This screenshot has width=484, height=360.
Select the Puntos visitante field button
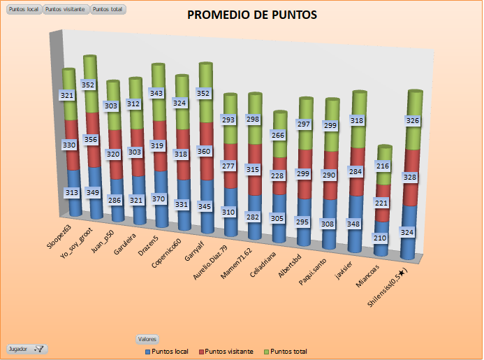click(x=66, y=10)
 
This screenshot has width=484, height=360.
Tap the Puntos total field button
click(x=108, y=10)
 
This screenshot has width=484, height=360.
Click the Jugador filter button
click(x=26, y=348)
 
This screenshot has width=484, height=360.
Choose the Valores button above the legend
click(x=147, y=338)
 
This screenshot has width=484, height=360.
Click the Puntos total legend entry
click(x=286, y=351)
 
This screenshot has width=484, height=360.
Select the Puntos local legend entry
click(x=167, y=351)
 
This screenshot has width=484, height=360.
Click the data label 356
click(x=90, y=139)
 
